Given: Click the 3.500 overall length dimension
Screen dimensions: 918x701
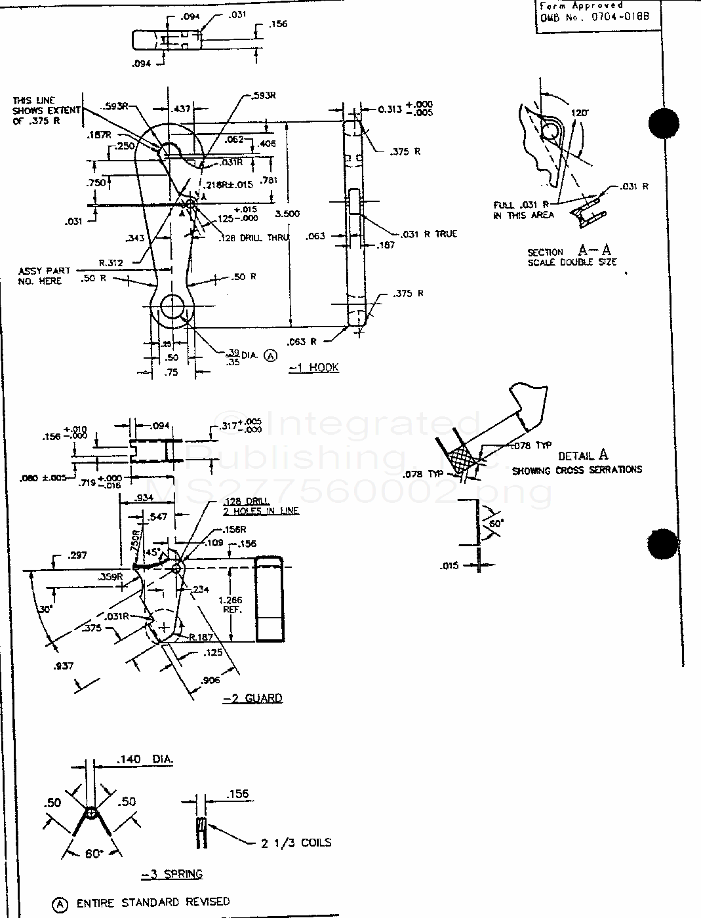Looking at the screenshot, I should coord(288,214).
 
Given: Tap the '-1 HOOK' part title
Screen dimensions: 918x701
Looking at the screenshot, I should coord(314,367).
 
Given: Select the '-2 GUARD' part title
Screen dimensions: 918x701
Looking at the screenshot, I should coord(252,698).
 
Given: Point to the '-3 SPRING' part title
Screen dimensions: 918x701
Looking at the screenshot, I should coord(172,873).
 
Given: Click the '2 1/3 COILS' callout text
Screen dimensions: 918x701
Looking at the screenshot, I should coord(296,843).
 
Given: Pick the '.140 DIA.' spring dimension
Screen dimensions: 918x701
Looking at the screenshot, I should coord(144,759).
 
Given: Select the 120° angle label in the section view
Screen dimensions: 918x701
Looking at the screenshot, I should coord(579,113).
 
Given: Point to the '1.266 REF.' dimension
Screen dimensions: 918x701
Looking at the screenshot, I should coord(231,604).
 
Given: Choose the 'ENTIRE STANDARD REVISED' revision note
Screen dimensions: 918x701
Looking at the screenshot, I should coord(153,902).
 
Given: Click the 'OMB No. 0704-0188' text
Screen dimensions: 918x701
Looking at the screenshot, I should coord(595,16).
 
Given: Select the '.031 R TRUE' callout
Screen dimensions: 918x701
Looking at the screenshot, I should coord(427,234).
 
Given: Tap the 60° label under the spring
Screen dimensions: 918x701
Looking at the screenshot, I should coord(94,853).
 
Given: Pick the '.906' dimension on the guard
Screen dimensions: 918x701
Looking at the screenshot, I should coord(211,681).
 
